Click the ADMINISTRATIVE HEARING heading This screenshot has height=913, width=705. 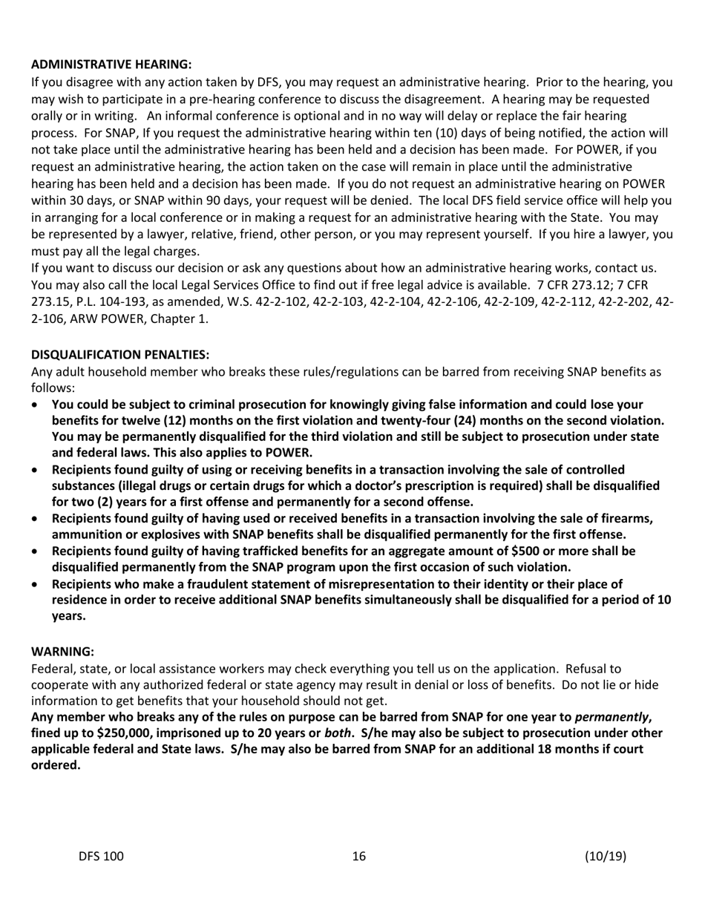(111, 64)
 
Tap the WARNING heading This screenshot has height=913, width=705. (62, 651)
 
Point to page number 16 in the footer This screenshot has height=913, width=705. (359, 857)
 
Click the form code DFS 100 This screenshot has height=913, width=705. (102, 857)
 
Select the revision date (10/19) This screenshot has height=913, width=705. (606, 857)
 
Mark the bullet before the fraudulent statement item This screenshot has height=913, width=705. (36, 584)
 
